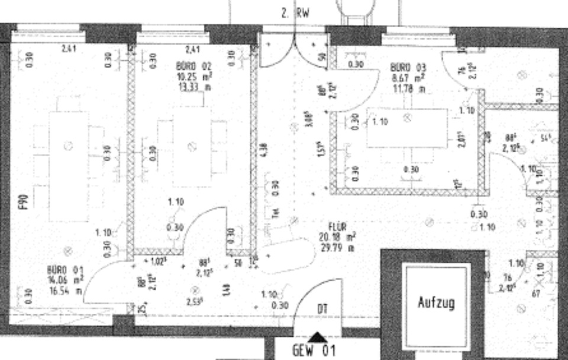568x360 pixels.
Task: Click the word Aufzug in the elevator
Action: [437, 303]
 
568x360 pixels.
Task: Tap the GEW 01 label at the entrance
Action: [314, 351]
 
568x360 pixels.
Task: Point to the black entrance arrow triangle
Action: [318, 337]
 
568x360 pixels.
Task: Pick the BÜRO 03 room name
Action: [409, 67]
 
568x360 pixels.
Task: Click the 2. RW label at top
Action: [296, 12]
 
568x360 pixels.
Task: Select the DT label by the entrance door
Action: [322, 308]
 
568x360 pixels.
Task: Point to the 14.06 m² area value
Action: [65, 281]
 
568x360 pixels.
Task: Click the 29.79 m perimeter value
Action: [342, 247]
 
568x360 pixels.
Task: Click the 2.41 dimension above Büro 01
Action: [69, 49]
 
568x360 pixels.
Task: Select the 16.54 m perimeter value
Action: [65, 291]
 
